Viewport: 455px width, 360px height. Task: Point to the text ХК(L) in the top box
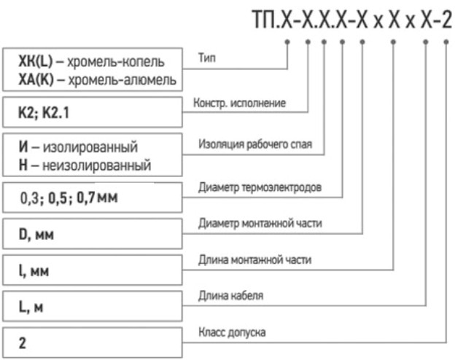pos(30,60)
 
